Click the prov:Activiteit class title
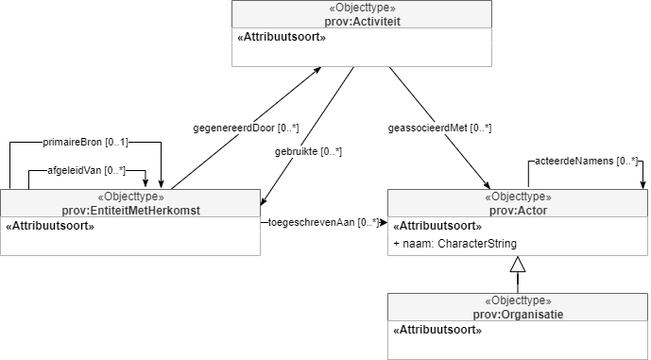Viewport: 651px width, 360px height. click(x=362, y=22)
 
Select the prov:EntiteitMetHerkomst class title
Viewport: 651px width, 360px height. click(x=130, y=211)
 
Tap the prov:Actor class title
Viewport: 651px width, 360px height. click(x=518, y=211)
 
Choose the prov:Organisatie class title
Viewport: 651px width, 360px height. click(x=518, y=315)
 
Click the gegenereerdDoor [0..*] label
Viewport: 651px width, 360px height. click(x=246, y=128)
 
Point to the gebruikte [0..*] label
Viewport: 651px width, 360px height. click(x=308, y=151)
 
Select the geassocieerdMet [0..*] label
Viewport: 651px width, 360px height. click(x=439, y=129)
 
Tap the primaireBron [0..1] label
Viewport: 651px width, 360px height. click(x=86, y=143)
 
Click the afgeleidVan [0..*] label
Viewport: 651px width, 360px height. click(x=86, y=171)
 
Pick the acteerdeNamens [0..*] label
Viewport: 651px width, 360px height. click(x=586, y=161)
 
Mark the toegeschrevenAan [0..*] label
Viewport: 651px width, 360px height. click(x=323, y=223)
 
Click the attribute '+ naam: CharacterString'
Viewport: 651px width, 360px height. click(x=454, y=244)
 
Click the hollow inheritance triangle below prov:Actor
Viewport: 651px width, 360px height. click(x=518, y=264)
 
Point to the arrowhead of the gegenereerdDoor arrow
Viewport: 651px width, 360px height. click(x=317, y=70)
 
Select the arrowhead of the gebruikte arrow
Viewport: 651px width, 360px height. click(x=264, y=201)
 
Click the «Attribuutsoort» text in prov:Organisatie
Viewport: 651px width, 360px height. click(x=437, y=330)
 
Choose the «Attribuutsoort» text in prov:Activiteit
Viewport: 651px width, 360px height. click(x=282, y=38)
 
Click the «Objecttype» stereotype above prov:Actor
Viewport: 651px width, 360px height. click(x=518, y=196)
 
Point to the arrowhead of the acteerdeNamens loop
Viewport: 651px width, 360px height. click(x=642, y=185)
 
